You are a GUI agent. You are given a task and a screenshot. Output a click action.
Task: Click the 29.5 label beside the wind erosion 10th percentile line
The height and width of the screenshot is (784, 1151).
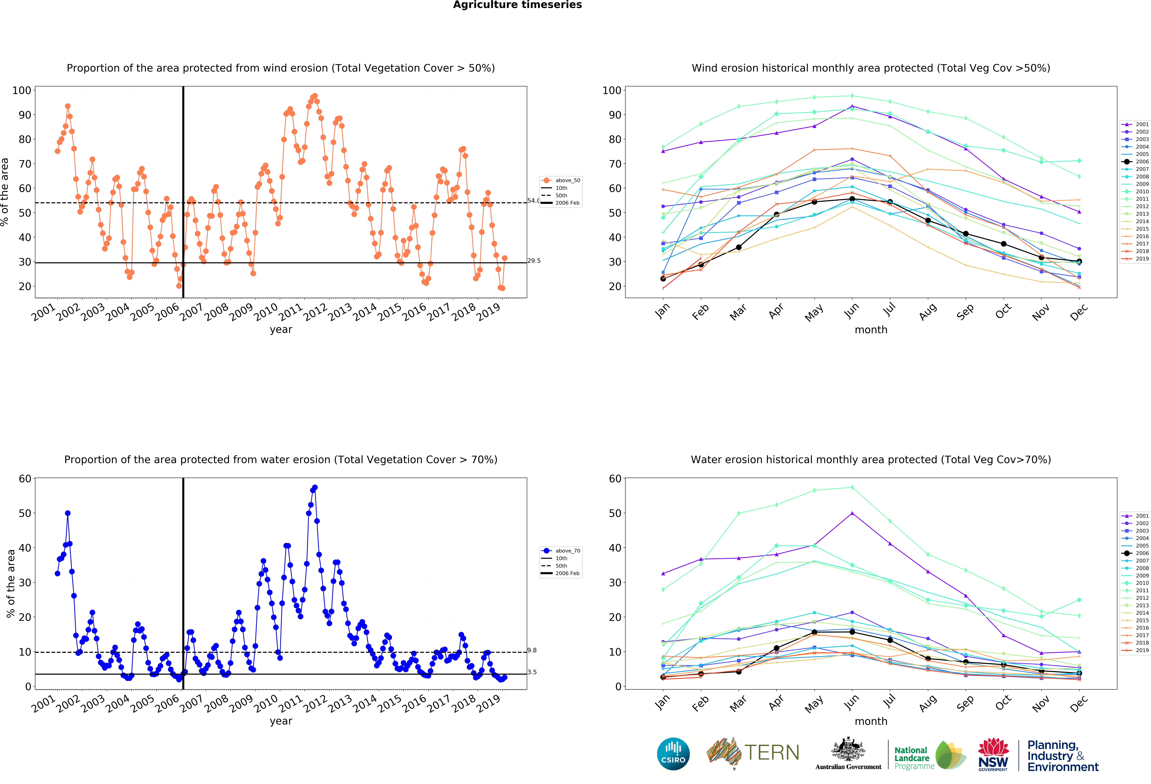tap(534, 261)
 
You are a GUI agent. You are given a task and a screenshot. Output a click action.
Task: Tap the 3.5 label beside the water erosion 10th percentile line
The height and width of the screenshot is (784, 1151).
tap(532, 672)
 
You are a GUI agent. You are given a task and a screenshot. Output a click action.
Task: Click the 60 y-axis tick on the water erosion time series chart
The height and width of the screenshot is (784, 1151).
tap(25, 479)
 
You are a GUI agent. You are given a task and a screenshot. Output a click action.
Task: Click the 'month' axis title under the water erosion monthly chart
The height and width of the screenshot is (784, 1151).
tap(871, 721)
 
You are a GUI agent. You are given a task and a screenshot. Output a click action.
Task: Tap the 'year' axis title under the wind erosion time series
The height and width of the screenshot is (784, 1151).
tap(281, 330)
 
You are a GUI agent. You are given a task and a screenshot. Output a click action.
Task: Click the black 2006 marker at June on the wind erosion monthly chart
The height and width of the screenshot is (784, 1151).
tap(852, 199)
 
